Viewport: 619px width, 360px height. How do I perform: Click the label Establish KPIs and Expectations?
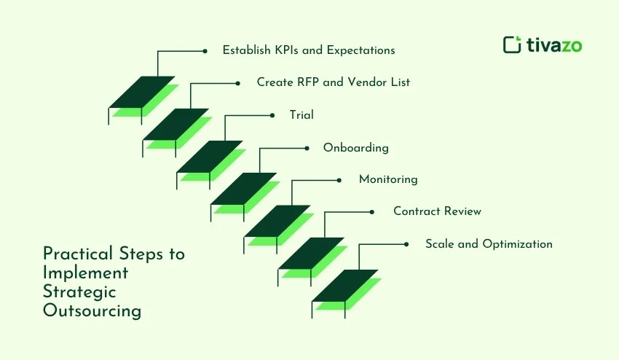(x=309, y=51)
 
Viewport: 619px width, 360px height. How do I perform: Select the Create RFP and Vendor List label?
(x=333, y=82)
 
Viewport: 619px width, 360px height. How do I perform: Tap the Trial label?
(x=301, y=114)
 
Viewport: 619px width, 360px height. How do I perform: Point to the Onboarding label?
(x=355, y=147)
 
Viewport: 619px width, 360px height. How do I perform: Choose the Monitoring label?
(x=388, y=179)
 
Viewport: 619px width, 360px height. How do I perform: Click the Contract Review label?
(x=437, y=211)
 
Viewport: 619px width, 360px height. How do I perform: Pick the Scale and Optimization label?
(x=489, y=244)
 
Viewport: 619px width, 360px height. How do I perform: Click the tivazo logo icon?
(x=512, y=44)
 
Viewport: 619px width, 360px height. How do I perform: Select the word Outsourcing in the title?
(x=92, y=311)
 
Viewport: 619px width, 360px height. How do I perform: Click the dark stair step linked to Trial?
(x=209, y=156)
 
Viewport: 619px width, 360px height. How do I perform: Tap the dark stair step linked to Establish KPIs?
(x=141, y=92)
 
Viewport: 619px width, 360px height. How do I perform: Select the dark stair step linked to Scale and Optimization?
(x=344, y=285)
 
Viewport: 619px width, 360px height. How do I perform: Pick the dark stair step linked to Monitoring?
(x=277, y=221)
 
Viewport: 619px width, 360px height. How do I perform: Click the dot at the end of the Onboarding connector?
(x=306, y=148)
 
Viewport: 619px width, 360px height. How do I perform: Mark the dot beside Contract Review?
(x=372, y=212)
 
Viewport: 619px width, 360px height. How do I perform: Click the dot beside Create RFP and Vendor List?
(x=237, y=83)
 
